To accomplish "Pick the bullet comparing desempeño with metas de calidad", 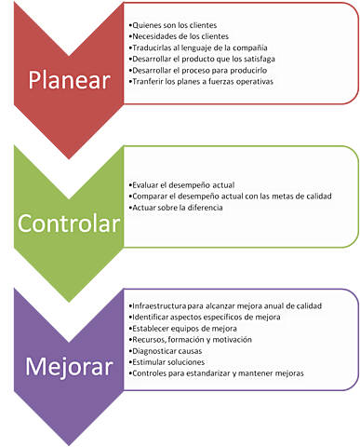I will tap(233, 196).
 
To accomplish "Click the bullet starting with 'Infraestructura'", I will tap(227, 305).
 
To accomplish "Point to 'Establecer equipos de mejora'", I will tap(183, 329).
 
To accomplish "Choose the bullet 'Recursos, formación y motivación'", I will tap(192, 341).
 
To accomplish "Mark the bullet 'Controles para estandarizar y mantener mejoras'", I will tap(218, 374).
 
